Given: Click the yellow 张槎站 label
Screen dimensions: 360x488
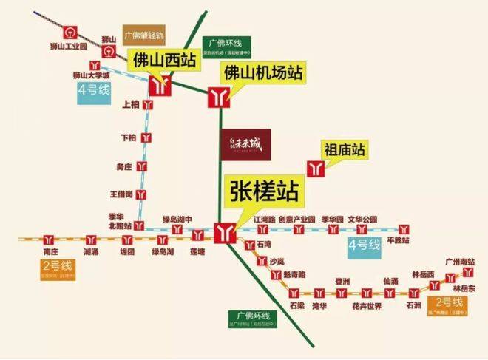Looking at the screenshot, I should pyautogui.click(x=262, y=192).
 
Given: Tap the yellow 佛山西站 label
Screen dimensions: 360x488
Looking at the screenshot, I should pyautogui.click(x=165, y=60).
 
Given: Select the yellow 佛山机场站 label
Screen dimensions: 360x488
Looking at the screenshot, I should pyautogui.click(x=264, y=72).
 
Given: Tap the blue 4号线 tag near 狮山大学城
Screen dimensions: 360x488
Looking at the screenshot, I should pyautogui.click(x=94, y=90).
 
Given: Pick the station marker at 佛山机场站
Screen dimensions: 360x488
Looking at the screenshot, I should pyautogui.click(x=218, y=97).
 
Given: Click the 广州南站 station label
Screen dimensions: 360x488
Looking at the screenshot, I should pyautogui.click(x=467, y=262).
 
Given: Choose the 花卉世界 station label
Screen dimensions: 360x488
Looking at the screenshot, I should pyautogui.click(x=366, y=305).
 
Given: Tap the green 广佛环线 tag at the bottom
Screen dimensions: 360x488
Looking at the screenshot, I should pyautogui.click(x=252, y=319).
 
